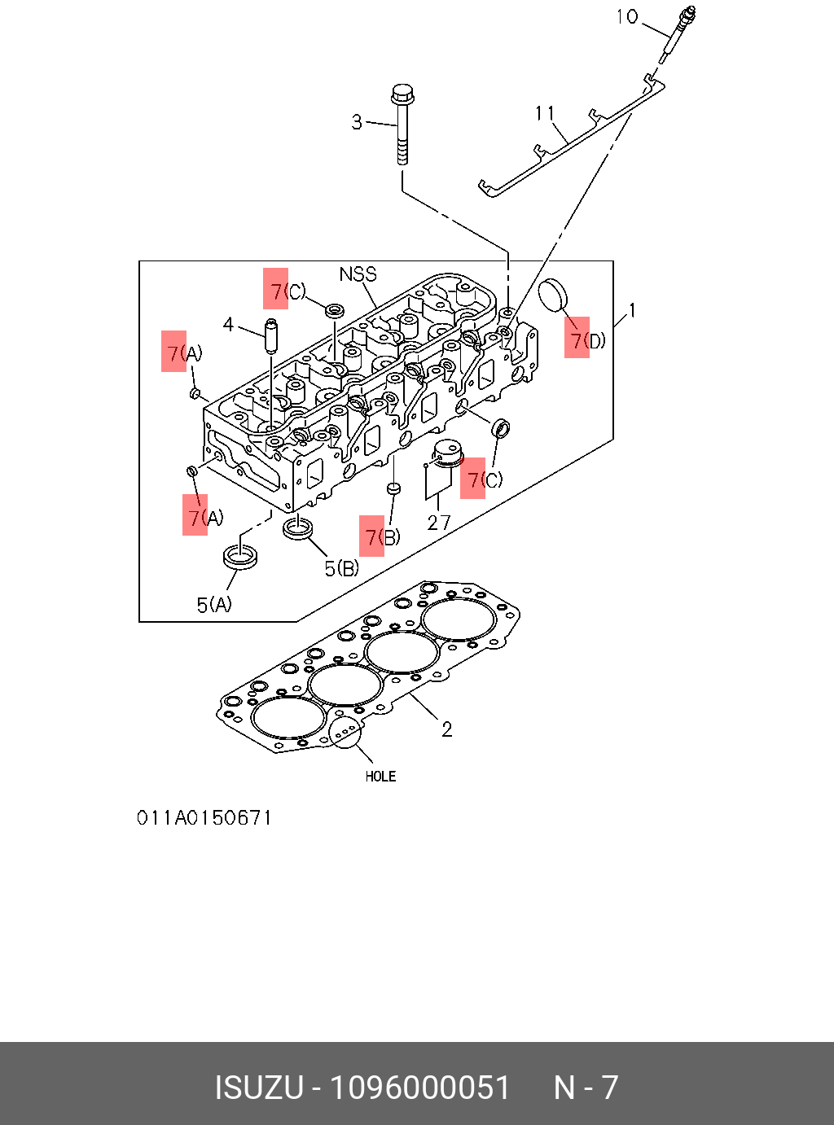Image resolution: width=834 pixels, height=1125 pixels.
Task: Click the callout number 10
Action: point(627,16)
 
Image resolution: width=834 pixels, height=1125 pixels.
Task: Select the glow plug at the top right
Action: point(678,33)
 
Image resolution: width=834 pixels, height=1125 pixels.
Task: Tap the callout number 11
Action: point(545,113)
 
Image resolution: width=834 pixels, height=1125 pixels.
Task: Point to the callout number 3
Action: point(357,122)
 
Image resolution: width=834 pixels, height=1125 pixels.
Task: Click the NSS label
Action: point(358,274)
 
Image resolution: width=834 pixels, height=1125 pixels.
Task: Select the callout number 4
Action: point(229,325)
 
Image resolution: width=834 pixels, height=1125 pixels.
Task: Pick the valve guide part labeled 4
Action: point(270,335)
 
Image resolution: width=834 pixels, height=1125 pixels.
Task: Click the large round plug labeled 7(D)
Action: point(554,294)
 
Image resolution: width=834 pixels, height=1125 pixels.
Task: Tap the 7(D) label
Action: point(587,339)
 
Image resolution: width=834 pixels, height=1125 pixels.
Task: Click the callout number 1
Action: point(631,310)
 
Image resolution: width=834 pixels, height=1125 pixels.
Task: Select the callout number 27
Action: point(439,523)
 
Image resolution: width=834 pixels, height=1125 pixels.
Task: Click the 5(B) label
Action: point(341,568)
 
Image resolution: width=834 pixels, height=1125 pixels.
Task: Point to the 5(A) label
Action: point(214,604)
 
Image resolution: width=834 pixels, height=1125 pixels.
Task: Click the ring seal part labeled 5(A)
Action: point(241,558)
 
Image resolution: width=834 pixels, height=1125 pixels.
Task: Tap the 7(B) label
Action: point(382,536)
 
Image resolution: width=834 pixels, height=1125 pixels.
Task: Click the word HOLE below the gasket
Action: point(380,777)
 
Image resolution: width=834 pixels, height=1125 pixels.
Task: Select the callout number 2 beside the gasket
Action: point(446,729)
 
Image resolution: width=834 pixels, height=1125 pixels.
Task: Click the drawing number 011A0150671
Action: point(204,817)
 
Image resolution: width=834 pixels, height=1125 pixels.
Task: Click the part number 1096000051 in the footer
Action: point(419,1088)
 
